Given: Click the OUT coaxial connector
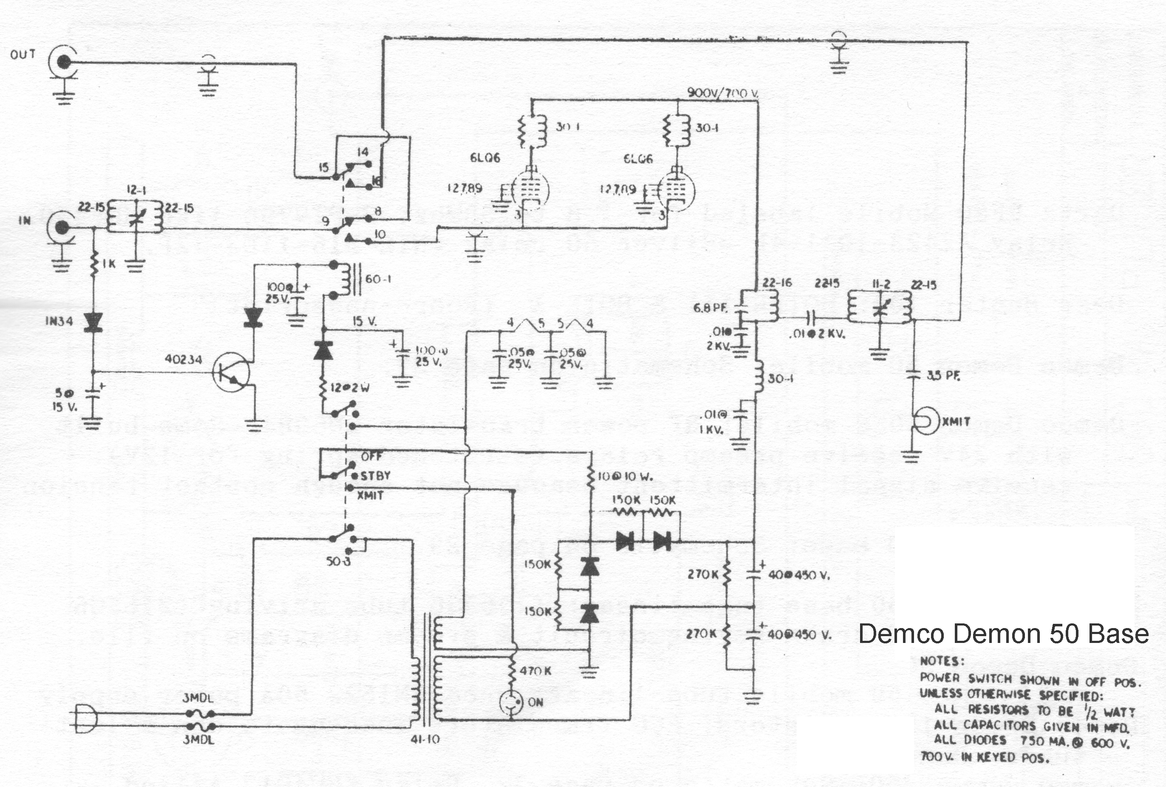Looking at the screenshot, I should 64,62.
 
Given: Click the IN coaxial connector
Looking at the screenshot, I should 62,228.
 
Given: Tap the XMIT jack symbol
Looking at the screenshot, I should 924,422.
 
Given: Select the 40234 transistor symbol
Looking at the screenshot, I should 231,372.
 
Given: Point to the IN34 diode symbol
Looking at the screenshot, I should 93,322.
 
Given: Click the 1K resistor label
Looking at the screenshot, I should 108,264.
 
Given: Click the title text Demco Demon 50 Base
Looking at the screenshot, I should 1003,634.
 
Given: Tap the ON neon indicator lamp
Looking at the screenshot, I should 511,702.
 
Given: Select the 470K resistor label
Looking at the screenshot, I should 535,671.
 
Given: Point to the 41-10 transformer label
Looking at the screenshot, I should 425,739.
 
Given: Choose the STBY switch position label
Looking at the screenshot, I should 375,476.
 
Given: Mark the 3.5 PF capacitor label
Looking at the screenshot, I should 943,376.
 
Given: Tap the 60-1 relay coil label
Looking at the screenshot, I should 378,279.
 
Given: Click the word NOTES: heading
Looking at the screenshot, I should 942,661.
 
